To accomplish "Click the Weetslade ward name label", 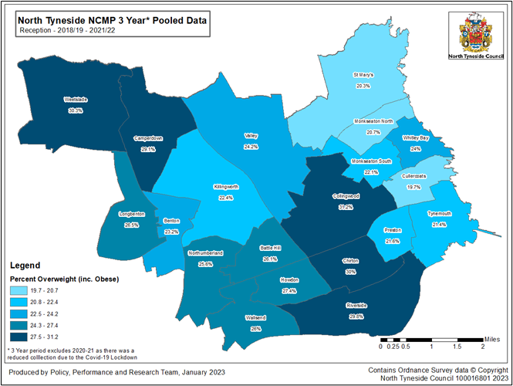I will (75, 100).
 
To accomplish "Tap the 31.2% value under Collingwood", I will (346, 207).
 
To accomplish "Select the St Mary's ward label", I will (363, 75).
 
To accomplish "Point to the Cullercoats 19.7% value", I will (414, 187).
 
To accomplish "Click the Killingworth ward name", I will (226, 187).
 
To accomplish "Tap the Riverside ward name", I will (356, 306).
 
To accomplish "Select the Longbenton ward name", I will (132, 215).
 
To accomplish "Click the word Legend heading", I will (26, 264).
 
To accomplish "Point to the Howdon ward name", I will (289, 281).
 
